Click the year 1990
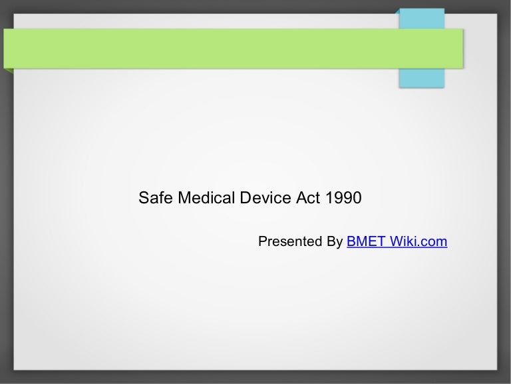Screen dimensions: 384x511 click(x=340, y=199)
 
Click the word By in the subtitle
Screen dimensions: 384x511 click(x=335, y=241)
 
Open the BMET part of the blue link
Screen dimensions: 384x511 click(x=365, y=241)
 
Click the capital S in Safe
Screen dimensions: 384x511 click(x=143, y=199)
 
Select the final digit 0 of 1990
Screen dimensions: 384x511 click(x=357, y=199)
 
